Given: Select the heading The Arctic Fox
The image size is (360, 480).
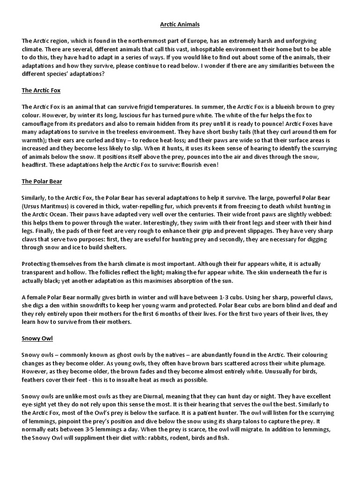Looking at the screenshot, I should (41, 90).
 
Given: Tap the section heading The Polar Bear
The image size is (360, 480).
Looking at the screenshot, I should (42, 181).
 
